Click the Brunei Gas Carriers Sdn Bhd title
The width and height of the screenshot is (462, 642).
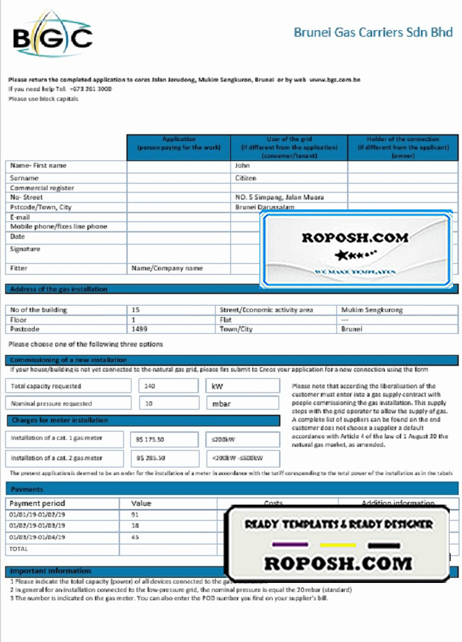[373, 32]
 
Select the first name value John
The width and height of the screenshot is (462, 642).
[242, 166]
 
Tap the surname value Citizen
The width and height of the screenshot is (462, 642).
[246, 178]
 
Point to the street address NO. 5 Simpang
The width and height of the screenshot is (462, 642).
[279, 198]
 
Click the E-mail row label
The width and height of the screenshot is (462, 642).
[22, 217]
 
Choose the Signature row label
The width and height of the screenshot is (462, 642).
[26, 249]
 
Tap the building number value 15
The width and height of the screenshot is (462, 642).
[135, 310]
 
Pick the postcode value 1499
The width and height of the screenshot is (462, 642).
[139, 329]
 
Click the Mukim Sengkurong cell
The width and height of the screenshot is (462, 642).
[372, 310]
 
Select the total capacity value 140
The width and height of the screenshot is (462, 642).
[150, 386]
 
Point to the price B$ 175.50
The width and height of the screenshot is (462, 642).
[150, 440]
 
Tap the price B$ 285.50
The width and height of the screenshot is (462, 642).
[150, 458]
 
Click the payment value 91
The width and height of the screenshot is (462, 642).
[135, 515]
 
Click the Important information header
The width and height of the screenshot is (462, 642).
[51, 571]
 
